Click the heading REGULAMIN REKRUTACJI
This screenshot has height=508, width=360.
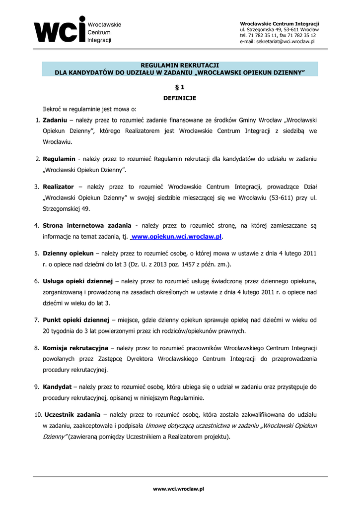pos(180,65)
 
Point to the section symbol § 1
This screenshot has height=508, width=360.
pos(180,87)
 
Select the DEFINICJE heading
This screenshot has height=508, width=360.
pos(180,98)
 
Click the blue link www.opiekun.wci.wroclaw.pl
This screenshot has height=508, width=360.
pos(176,237)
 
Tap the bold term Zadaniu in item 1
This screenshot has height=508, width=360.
pos(55,120)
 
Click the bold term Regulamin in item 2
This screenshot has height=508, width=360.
pos(59,159)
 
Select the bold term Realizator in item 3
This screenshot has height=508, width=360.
pos(58,187)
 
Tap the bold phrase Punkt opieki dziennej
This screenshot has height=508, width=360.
pos(76,320)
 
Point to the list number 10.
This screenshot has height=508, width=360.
pos(38,414)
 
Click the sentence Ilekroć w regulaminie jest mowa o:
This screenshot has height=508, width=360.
pos(89,109)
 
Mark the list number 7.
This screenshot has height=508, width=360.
pos(37,320)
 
